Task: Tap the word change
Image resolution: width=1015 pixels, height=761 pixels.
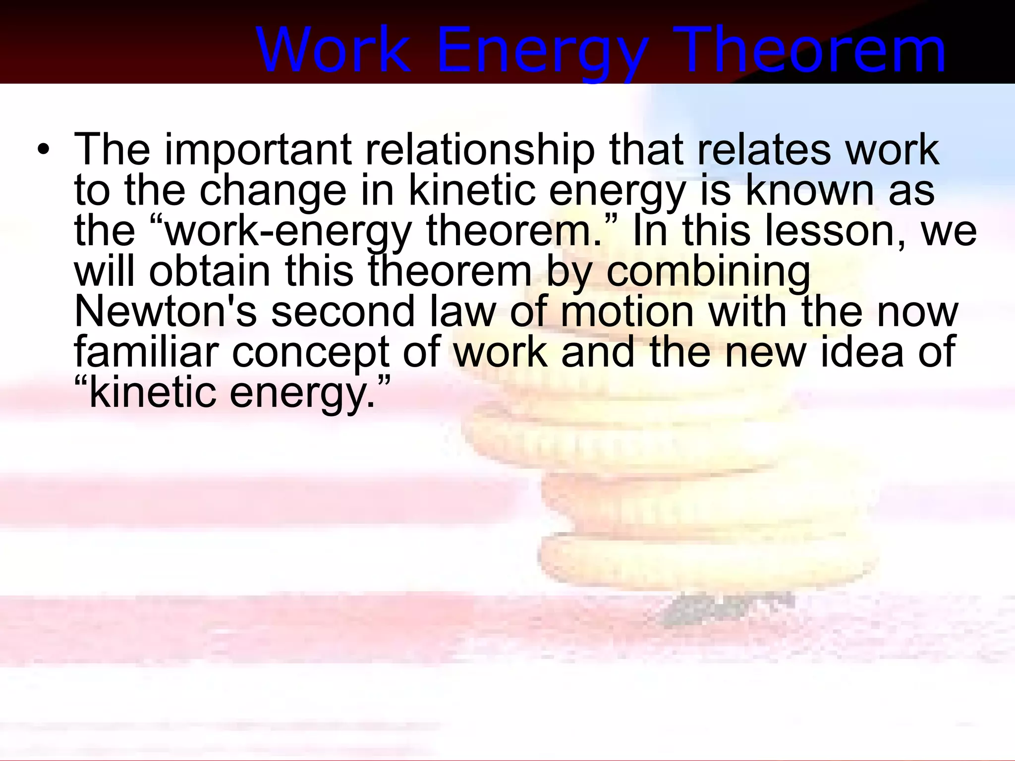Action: click(273, 191)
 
